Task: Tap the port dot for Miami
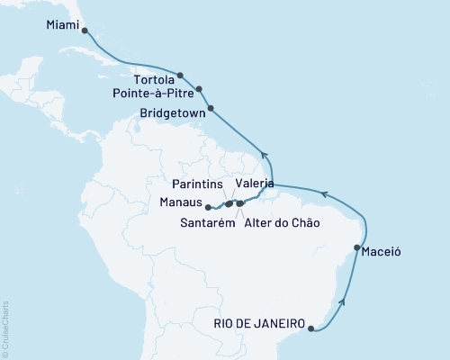(85, 30)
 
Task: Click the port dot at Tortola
(181, 76)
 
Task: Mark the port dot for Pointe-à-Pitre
(199, 89)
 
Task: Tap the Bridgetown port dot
(211, 110)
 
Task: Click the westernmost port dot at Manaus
(208, 207)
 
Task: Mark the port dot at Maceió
(357, 247)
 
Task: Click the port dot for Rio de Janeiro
(311, 329)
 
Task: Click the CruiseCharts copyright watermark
(5, 329)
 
